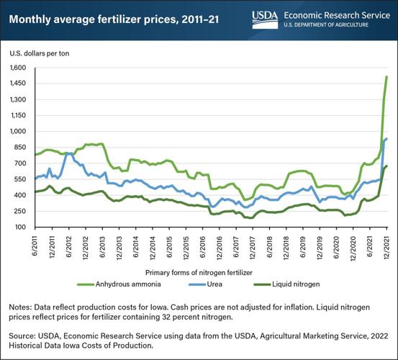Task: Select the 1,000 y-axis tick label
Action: (x=17, y=132)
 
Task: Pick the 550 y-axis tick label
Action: (x=20, y=180)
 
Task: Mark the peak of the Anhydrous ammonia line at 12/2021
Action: (x=386, y=76)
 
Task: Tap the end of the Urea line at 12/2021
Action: (x=386, y=139)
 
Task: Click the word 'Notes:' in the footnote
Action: (x=22, y=303)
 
